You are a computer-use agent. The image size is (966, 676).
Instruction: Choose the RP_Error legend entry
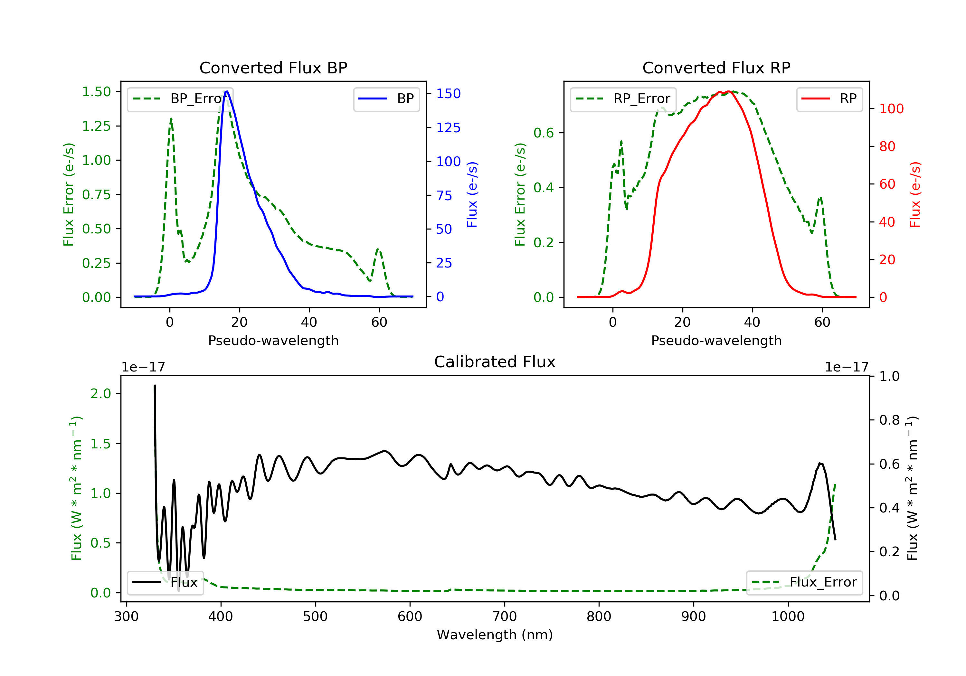click(x=623, y=99)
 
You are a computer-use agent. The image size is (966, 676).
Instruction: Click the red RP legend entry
click(x=829, y=99)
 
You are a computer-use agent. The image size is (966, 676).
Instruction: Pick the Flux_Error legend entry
click(x=804, y=582)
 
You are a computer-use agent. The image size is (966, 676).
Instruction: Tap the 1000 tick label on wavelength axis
click(x=788, y=617)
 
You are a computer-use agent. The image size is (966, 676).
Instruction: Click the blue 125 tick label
click(x=448, y=128)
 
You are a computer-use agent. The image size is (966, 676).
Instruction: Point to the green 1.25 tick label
click(x=96, y=126)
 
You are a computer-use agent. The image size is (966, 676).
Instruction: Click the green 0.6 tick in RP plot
click(x=543, y=133)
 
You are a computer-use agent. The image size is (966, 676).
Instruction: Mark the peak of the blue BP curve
click(x=227, y=91)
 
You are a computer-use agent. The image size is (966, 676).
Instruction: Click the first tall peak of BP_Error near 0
click(x=171, y=119)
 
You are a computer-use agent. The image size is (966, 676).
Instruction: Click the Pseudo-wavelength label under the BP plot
click(x=273, y=341)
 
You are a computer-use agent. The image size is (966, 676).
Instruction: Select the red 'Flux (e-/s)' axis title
click(x=915, y=195)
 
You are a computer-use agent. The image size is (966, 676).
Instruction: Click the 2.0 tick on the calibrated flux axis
click(x=100, y=394)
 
